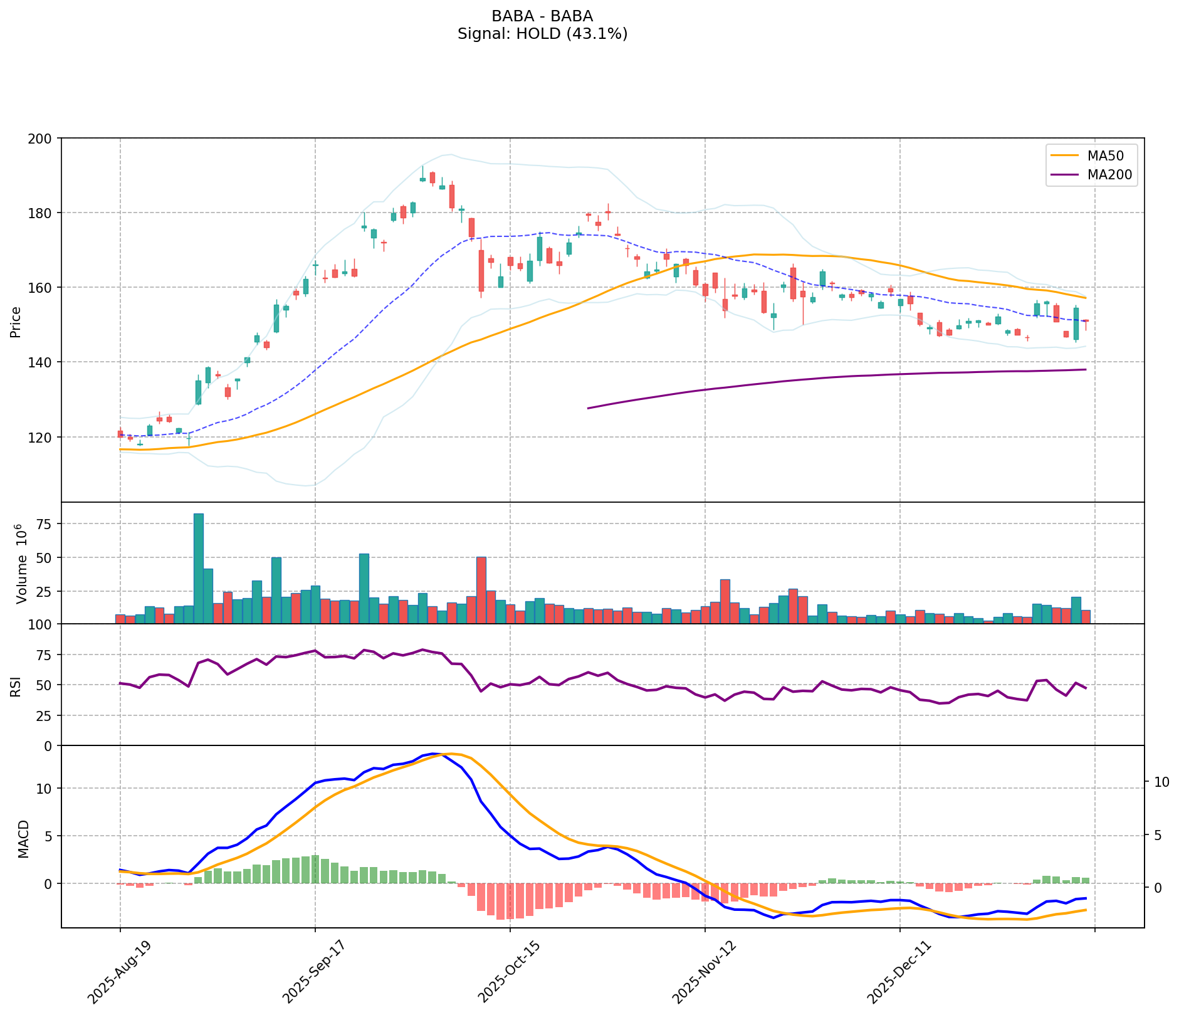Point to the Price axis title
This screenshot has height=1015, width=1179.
pos(16,322)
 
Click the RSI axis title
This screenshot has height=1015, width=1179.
pos(16,685)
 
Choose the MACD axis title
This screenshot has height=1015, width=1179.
pos(23,839)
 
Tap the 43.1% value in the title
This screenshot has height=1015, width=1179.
pos(597,34)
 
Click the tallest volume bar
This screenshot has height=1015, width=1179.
pos(199,568)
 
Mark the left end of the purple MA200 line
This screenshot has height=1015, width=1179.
pos(588,408)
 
